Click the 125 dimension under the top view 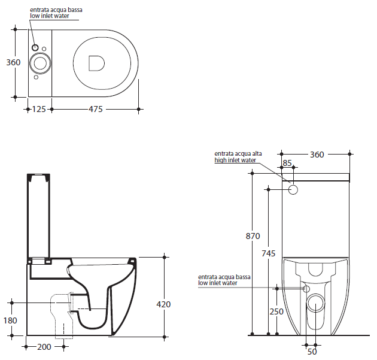point(39,109)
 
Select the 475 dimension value point(96,109)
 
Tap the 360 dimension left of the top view point(13,62)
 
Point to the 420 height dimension point(163,304)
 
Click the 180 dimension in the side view point(10,320)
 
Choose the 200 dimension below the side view point(44,347)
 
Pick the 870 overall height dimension point(253,236)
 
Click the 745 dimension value point(269,253)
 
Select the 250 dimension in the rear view point(276,311)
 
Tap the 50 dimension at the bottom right point(312,352)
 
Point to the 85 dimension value point(287,163)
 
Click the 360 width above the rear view point(317,155)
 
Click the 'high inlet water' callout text point(235,161)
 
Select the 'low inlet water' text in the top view point(50,16)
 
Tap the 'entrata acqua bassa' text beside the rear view point(224,277)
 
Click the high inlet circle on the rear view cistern point(293,190)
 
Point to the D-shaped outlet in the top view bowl point(97,63)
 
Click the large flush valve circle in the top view point(40,63)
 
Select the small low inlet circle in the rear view point(306,289)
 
